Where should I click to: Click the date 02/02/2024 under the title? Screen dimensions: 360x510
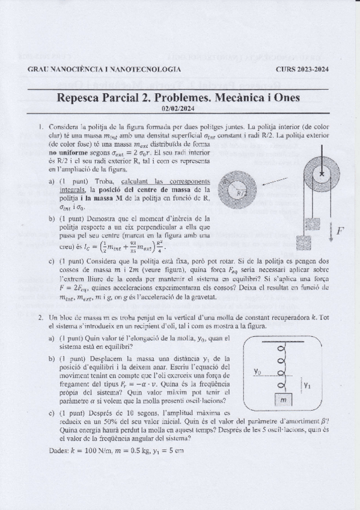180,108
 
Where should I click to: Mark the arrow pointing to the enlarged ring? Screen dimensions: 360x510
275,179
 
